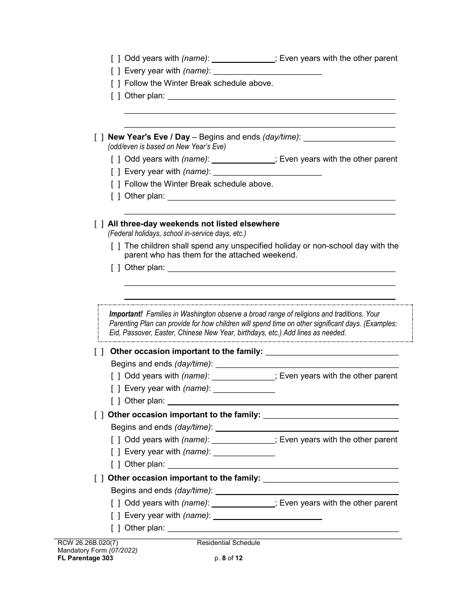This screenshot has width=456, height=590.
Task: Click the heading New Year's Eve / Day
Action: tap(149, 137)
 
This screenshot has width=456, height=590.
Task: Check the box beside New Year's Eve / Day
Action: tap(99, 138)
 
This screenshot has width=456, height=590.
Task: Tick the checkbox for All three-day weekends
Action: tap(99, 224)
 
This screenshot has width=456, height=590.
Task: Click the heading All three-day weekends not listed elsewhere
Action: tap(193, 224)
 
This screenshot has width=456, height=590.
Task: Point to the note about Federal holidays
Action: tap(177, 234)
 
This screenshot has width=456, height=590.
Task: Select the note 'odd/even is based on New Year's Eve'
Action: tap(167, 147)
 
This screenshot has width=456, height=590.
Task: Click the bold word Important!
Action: tap(126, 314)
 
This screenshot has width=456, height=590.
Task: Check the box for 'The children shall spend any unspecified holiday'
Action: tap(116, 246)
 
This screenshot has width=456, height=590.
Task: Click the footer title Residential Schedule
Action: tap(228, 543)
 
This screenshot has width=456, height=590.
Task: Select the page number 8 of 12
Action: tap(228, 558)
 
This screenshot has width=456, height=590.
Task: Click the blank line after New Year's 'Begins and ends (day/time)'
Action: tap(349, 138)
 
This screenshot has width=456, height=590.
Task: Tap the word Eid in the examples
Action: tap(115, 332)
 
